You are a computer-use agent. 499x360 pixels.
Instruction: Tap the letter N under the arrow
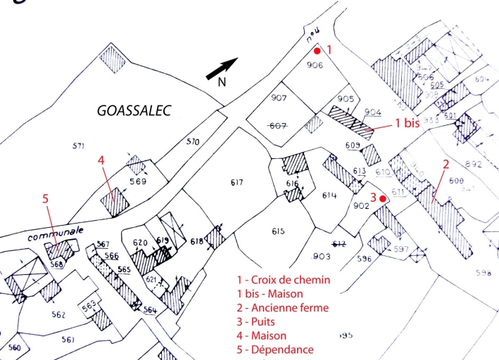221,83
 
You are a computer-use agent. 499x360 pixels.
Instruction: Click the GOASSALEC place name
134,110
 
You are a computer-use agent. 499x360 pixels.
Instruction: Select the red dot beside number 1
317,51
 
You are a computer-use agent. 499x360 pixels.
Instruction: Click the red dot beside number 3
382,198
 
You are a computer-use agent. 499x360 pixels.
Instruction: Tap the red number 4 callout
101,160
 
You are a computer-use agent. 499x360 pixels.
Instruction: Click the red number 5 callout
46,199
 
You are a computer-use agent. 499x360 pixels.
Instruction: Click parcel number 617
236,183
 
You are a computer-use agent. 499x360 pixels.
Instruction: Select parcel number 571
78,146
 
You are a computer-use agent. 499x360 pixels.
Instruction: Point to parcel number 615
277,231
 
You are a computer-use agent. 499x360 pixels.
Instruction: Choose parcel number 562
58,314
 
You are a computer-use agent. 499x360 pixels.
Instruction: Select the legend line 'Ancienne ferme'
283,308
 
